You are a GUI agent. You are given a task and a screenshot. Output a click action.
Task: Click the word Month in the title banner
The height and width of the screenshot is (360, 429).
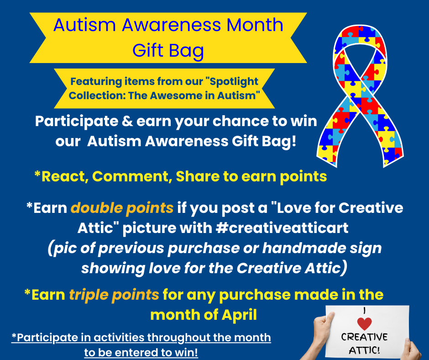point(255,25)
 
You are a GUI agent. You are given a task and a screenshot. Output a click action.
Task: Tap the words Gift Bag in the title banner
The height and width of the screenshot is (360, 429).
point(168,51)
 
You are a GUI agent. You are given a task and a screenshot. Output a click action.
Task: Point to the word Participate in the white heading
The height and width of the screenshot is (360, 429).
point(77,122)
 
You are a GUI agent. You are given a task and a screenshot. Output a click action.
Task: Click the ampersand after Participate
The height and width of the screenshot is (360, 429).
point(127,121)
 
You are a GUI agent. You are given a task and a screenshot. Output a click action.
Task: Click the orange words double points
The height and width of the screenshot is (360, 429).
point(122,208)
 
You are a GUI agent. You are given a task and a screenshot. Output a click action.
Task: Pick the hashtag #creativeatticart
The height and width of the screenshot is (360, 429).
point(282,228)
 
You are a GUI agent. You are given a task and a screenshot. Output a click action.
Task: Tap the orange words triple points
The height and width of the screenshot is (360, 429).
point(114,295)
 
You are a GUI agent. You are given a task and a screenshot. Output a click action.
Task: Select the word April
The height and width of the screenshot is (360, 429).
point(240,314)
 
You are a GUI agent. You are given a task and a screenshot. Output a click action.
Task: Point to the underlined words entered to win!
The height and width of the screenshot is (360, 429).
point(156,352)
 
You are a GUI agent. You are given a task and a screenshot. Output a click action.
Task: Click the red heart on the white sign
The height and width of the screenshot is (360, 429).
point(365,323)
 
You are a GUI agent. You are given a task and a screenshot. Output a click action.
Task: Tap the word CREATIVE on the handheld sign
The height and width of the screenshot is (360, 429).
point(364,337)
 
